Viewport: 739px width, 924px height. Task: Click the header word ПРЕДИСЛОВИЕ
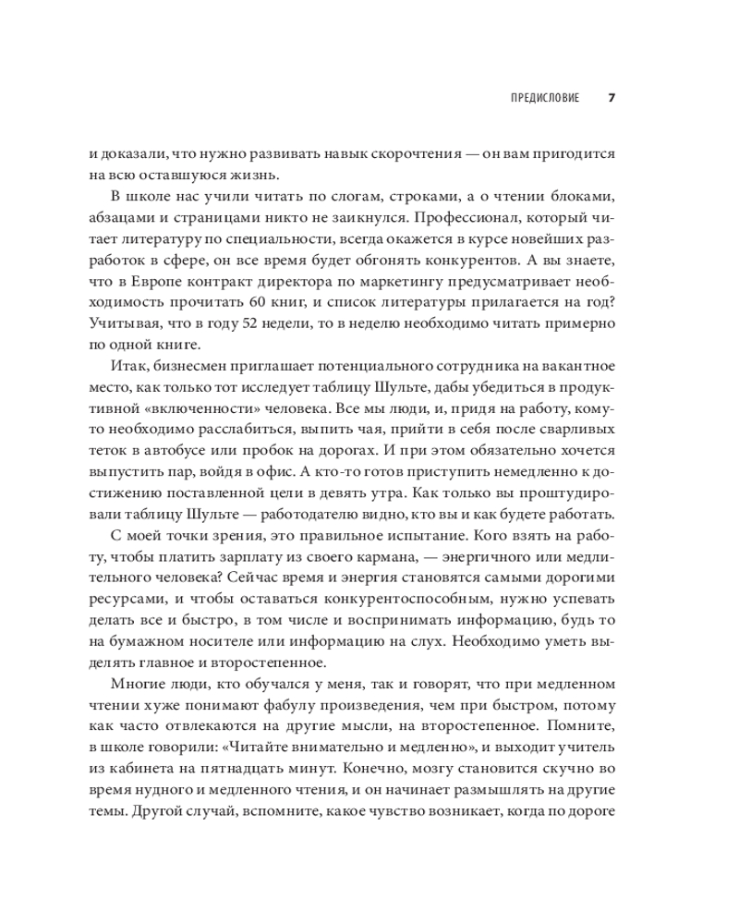click(x=545, y=98)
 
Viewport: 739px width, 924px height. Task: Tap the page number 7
click(x=611, y=98)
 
